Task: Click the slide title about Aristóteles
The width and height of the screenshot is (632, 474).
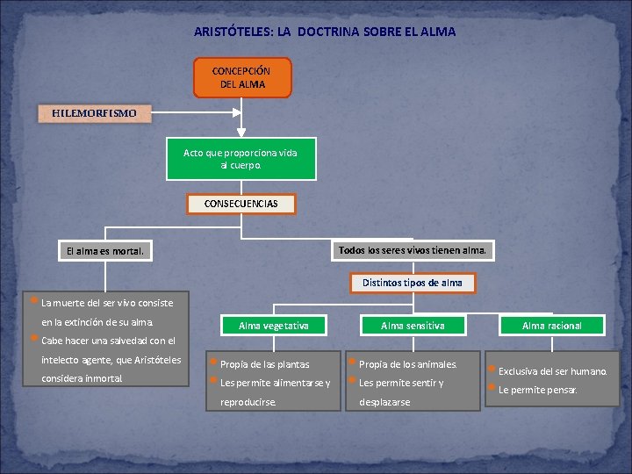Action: point(325,32)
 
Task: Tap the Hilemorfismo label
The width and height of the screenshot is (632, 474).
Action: point(94,113)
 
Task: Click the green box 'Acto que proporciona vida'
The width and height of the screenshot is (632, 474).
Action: point(241,159)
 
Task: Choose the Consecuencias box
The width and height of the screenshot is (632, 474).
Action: point(241,204)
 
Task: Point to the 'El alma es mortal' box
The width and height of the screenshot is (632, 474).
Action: point(104,251)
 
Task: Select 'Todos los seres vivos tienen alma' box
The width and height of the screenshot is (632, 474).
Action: point(412,250)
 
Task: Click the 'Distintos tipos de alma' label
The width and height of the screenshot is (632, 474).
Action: point(412,283)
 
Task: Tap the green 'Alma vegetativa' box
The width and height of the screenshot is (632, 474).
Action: point(274,326)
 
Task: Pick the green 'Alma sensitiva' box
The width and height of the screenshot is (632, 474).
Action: point(413,326)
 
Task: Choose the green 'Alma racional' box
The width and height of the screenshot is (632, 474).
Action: point(551,326)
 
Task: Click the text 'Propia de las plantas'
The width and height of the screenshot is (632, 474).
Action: point(264,364)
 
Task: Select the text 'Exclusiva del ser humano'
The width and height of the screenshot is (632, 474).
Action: point(552,371)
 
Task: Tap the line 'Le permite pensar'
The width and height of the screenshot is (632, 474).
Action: point(537,390)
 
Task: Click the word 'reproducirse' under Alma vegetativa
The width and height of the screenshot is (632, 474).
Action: point(248,402)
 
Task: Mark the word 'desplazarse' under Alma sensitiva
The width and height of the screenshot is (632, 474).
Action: point(384,402)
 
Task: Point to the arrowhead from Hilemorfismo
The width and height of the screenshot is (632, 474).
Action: point(235,113)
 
